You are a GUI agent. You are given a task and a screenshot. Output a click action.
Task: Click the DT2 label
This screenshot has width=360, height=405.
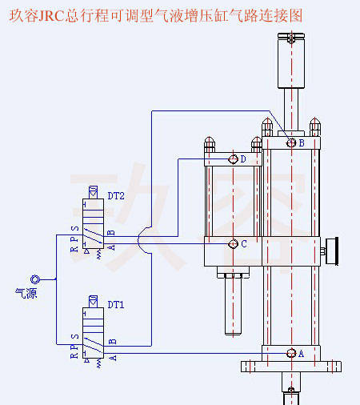[116, 196]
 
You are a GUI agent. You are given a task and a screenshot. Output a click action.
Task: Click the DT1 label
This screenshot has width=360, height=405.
[116, 305]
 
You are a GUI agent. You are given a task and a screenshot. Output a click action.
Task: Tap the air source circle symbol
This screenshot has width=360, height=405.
[35, 279]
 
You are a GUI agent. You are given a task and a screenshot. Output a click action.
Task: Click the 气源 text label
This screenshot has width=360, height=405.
[26, 293]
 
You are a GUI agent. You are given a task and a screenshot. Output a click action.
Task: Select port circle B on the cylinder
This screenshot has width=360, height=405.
[291, 142]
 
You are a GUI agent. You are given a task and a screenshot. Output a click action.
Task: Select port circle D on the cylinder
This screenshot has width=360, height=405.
[233, 159]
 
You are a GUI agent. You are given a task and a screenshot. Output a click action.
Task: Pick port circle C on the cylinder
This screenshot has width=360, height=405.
[233, 243]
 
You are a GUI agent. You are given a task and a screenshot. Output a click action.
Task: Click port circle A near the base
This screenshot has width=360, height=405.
[291, 353]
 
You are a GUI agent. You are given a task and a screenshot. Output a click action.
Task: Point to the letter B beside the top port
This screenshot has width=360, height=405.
[302, 143]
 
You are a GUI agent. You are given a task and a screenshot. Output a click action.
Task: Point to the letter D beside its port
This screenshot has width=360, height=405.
[243, 159]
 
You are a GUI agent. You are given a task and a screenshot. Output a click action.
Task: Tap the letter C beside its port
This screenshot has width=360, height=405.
[244, 244]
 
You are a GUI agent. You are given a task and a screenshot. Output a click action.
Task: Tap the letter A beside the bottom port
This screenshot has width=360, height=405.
[301, 354]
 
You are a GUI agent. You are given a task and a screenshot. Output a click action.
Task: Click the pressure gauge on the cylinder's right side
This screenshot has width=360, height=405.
[332, 251]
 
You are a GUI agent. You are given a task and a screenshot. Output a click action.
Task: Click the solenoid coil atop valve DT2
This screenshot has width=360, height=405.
[93, 192]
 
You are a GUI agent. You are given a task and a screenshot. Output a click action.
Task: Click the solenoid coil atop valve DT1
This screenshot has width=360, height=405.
[93, 302]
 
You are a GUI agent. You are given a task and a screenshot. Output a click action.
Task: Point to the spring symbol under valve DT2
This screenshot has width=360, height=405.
[99, 255]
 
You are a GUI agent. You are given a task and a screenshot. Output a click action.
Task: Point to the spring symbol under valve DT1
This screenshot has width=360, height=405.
[99, 363]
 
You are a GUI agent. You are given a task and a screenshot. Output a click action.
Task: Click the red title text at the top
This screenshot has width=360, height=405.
[156, 15]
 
